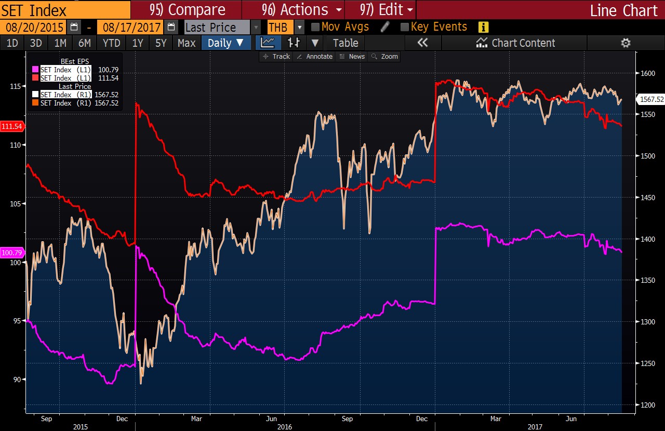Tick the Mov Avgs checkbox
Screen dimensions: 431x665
pos(315,27)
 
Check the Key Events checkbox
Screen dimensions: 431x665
pos(405,27)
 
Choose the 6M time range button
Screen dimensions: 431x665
pos(84,43)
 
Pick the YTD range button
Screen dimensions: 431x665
pos(111,43)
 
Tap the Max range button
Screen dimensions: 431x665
pos(187,43)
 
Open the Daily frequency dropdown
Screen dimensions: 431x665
pos(225,43)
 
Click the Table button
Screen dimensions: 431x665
pos(345,43)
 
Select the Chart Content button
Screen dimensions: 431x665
pos(516,43)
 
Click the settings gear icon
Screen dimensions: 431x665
pos(626,43)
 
